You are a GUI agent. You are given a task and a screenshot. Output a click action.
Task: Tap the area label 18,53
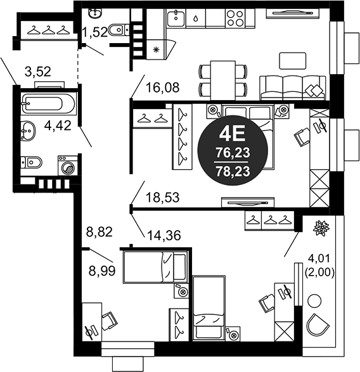coord(162,198)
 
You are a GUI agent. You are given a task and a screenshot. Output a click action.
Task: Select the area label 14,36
coord(164,235)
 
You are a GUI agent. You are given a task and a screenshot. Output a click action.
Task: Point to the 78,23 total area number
coord(231,170)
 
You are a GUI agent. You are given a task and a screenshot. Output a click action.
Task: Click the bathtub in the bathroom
coord(48,103)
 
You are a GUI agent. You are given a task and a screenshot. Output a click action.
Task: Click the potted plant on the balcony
coord(321,228)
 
